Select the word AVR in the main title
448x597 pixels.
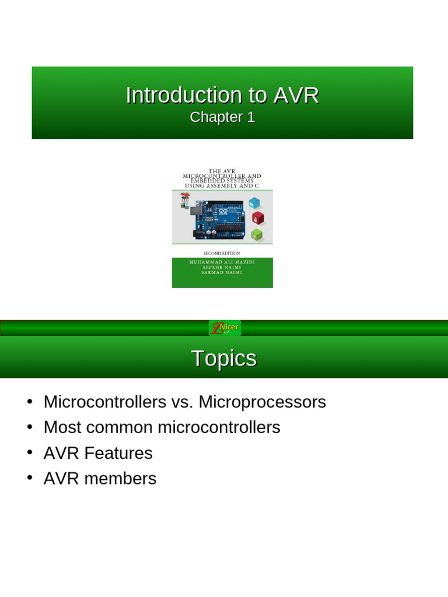[295, 96]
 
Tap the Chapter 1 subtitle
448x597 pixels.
[222, 117]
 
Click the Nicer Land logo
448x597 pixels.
[225, 328]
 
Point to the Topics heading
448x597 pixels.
[224, 359]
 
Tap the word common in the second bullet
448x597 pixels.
[120, 427]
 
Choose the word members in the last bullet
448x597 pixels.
[120, 479]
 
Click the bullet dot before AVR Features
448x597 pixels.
[29, 453]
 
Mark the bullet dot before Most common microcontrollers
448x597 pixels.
[29, 427]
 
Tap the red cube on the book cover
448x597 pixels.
[257, 219]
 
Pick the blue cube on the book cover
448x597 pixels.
[254, 203]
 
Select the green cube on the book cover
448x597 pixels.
[256, 235]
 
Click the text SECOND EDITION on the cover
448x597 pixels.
[222, 254]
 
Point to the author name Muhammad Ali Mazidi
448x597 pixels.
[222, 262]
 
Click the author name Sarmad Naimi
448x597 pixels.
[222, 272]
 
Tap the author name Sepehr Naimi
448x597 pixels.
[222, 268]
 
